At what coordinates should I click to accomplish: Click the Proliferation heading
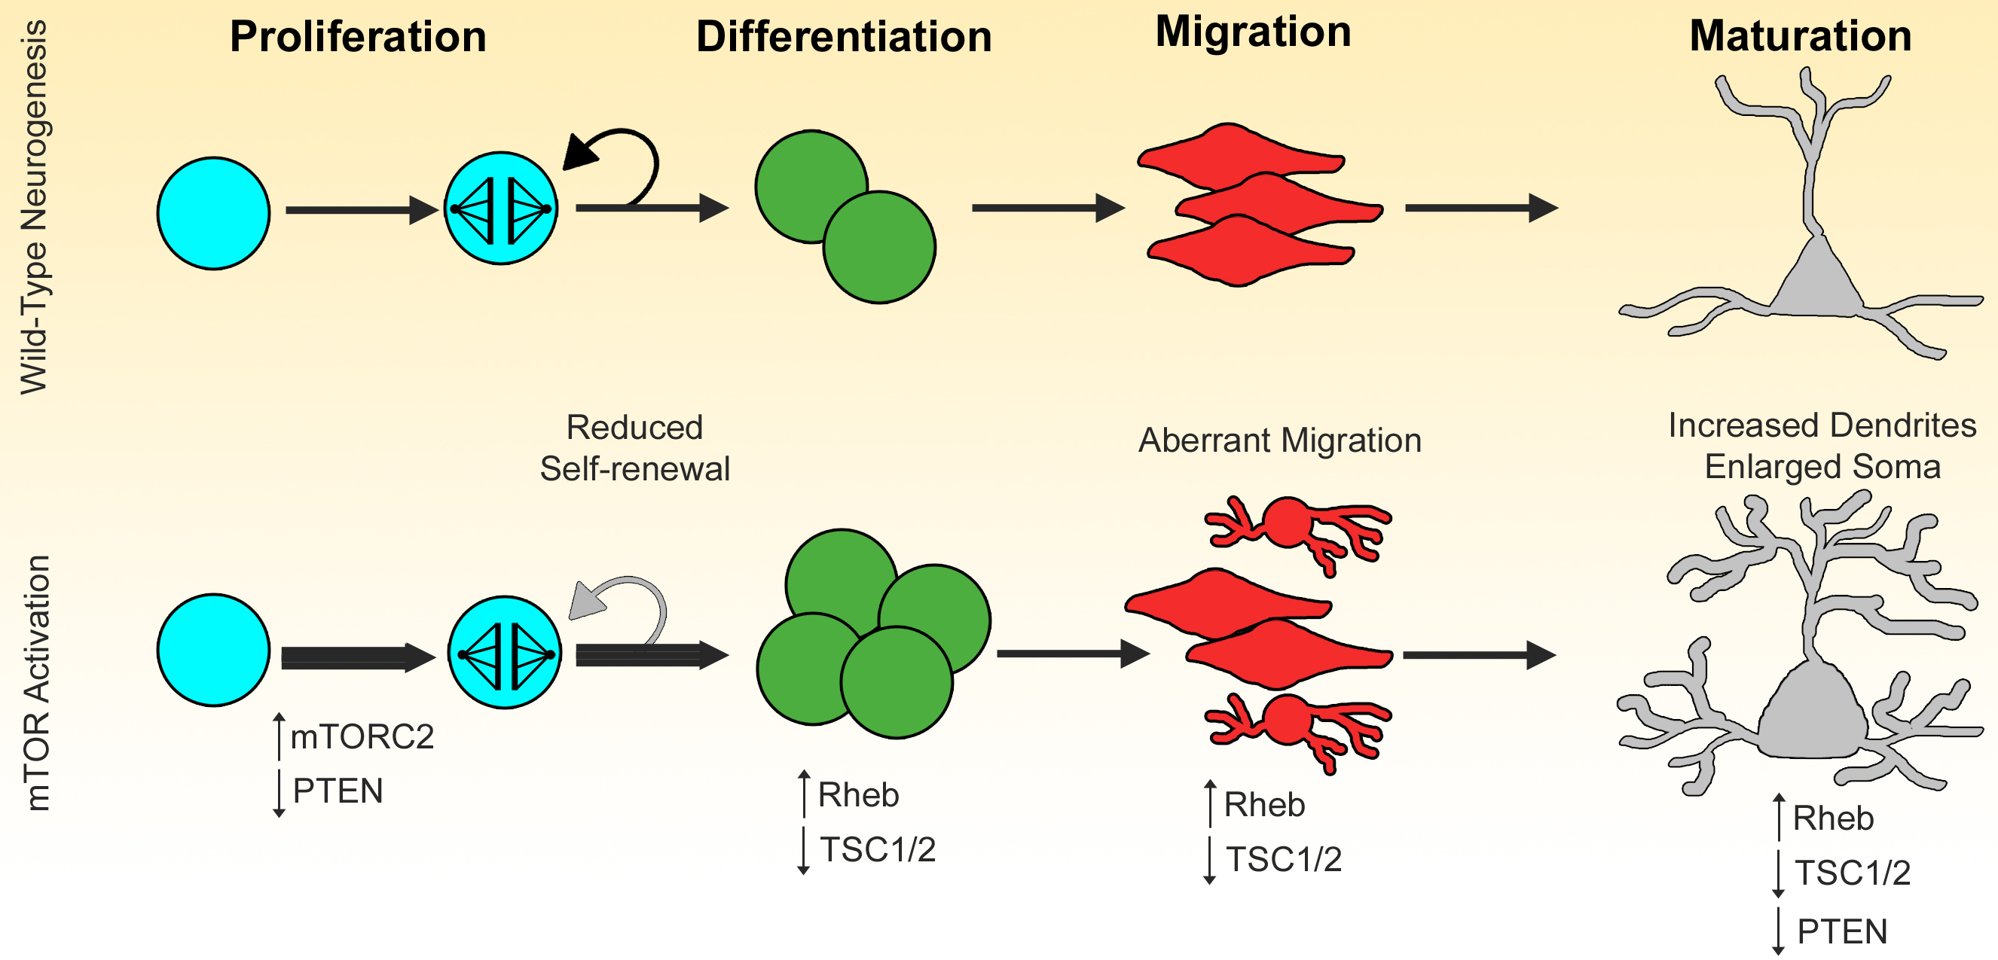click(x=358, y=36)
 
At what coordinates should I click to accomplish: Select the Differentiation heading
click(x=844, y=36)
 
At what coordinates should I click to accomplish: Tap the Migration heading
click(x=1253, y=32)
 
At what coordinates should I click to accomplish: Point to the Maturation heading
click(x=1799, y=35)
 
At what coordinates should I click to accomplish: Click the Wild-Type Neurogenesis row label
click(x=34, y=207)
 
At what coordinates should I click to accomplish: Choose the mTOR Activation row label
click(x=37, y=683)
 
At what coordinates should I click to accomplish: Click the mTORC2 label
click(x=362, y=736)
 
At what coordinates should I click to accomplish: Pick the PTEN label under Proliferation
click(x=338, y=791)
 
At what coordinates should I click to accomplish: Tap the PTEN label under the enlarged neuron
click(x=1842, y=931)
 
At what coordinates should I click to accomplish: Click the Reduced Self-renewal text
click(x=634, y=448)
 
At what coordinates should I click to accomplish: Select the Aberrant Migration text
click(x=1280, y=440)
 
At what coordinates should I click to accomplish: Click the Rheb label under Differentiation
click(x=858, y=795)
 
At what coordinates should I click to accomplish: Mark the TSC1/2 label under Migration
click(x=1284, y=859)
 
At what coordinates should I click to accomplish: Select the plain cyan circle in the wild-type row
click(x=213, y=213)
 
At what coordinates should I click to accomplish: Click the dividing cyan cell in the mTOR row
click(x=504, y=653)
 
